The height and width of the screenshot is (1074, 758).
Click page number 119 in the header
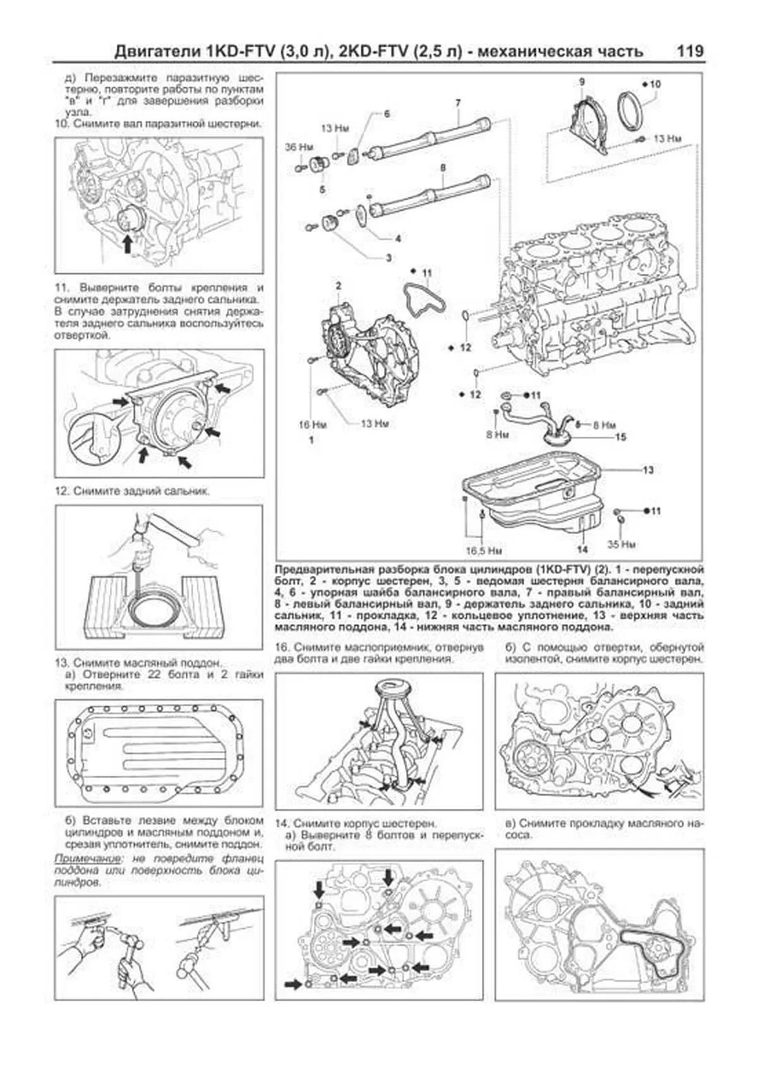(x=690, y=51)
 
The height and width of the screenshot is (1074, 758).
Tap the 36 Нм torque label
(x=299, y=148)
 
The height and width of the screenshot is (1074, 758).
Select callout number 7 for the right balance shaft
(x=457, y=102)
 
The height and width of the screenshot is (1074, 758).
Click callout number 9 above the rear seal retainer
(x=582, y=82)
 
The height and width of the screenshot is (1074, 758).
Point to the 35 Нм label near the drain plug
(x=622, y=544)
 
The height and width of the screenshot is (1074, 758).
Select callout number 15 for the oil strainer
(x=620, y=437)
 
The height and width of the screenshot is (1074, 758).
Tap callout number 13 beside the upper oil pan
(x=648, y=470)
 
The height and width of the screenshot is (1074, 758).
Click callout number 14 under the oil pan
(x=582, y=549)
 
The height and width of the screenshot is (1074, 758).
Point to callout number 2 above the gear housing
(x=339, y=286)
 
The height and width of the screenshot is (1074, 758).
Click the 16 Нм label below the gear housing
(x=312, y=425)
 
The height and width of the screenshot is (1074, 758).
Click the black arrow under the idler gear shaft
(x=129, y=243)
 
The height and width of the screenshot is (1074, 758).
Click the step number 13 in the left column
(x=61, y=663)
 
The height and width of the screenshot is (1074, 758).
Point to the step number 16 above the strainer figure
(x=282, y=648)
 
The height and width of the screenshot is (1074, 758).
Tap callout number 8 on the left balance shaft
(x=442, y=168)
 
